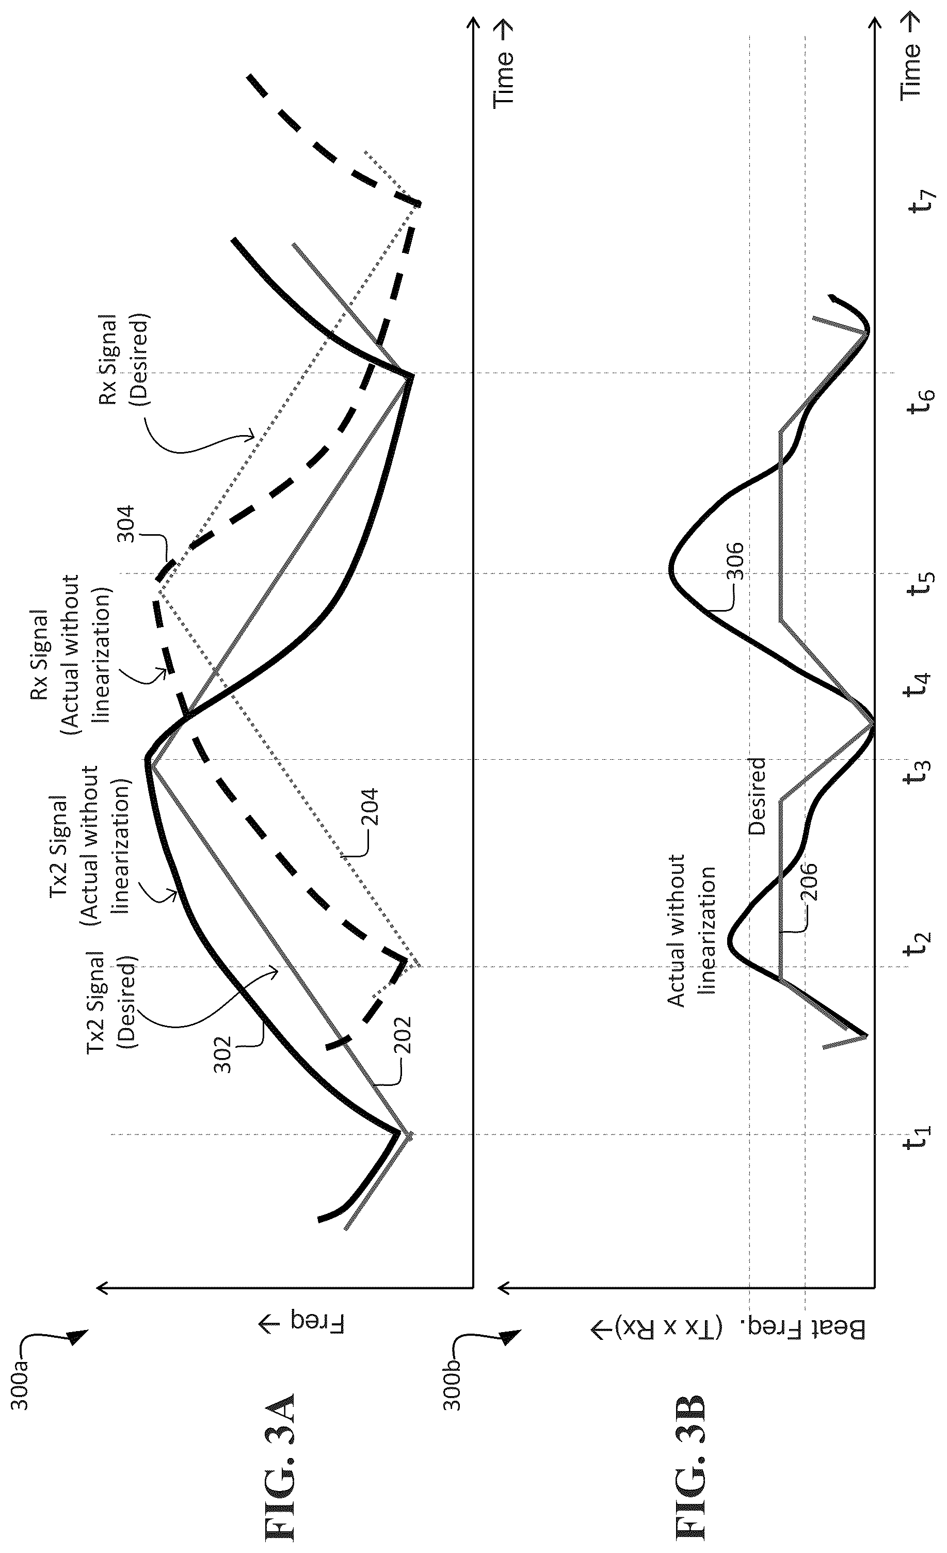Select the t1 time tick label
(x=917, y=1151)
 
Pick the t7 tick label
(x=917, y=200)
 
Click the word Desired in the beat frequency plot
(x=756, y=797)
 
